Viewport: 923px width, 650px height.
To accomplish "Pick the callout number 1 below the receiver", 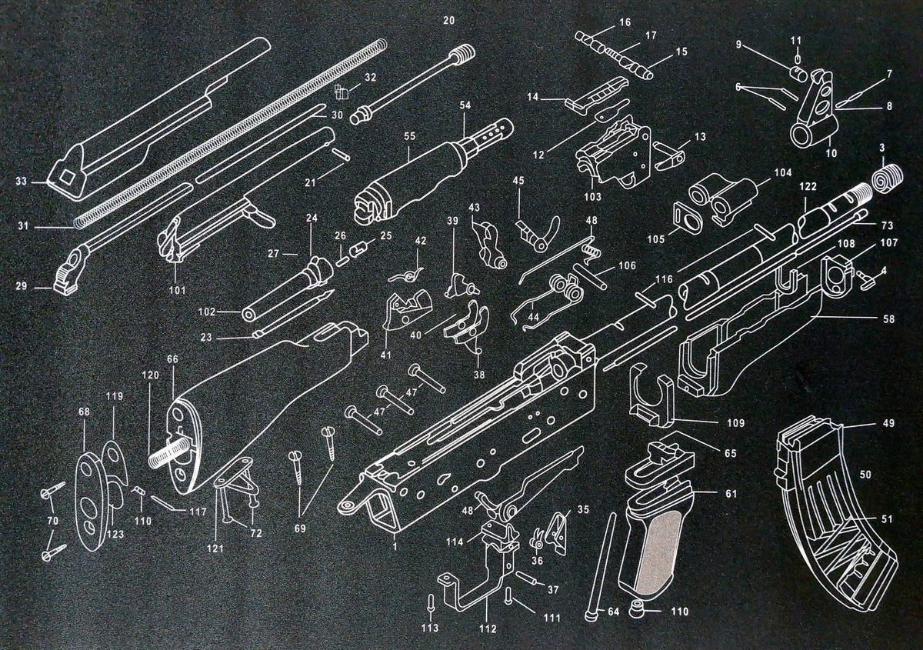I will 395,545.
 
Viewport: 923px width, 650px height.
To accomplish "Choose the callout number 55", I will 410,135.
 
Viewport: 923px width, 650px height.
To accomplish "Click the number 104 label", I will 783,174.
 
